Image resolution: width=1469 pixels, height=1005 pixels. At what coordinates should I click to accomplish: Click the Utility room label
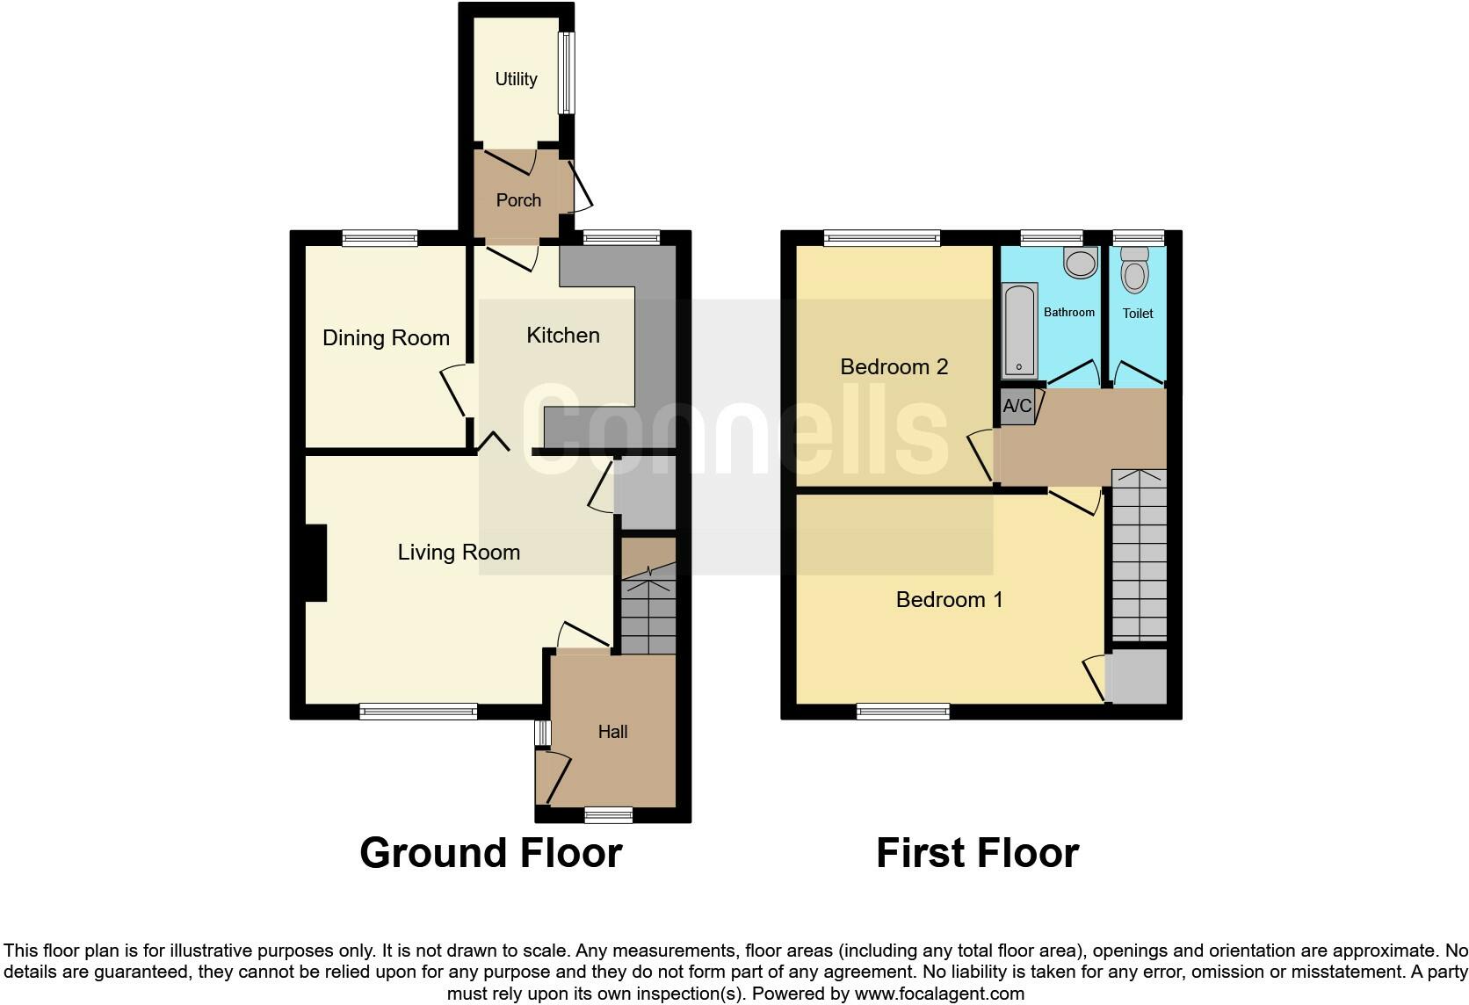(x=516, y=79)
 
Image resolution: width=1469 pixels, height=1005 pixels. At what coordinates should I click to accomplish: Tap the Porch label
(x=518, y=200)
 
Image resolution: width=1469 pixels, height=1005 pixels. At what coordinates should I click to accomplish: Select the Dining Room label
(x=386, y=338)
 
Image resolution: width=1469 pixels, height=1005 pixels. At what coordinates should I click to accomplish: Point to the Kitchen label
(x=563, y=335)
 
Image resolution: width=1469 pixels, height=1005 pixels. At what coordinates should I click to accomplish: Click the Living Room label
(x=459, y=553)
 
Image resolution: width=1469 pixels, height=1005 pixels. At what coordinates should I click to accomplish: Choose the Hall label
(x=612, y=732)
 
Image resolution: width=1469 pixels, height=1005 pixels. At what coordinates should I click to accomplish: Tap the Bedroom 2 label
(x=894, y=366)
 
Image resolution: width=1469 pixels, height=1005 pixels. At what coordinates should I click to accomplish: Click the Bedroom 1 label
(x=949, y=600)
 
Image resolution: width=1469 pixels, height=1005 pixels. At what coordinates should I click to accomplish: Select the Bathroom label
(x=1068, y=312)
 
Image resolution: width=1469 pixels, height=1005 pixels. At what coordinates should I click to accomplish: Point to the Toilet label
(x=1138, y=313)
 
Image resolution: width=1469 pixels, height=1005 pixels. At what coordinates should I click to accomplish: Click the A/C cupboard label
(x=1017, y=406)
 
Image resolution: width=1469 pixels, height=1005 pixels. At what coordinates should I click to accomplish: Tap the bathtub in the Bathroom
(x=1020, y=329)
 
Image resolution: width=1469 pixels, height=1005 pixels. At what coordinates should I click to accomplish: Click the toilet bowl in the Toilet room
(x=1135, y=275)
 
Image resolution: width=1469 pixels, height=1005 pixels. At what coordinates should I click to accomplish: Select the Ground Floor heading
(x=491, y=853)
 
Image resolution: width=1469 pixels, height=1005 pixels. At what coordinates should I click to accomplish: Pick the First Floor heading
(x=977, y=853)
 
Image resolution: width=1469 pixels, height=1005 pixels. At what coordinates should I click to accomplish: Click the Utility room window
(x=568, y=73)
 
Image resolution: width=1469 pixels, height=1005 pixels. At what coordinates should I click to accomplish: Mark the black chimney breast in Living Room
(x=315, y=563)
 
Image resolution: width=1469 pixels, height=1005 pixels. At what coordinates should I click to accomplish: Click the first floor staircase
(x=1140, y=555)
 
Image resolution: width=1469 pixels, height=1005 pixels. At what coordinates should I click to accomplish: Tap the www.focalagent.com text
(x=939, y=994)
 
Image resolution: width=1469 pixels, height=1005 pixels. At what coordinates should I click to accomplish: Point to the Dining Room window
(x=380, y=237)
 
